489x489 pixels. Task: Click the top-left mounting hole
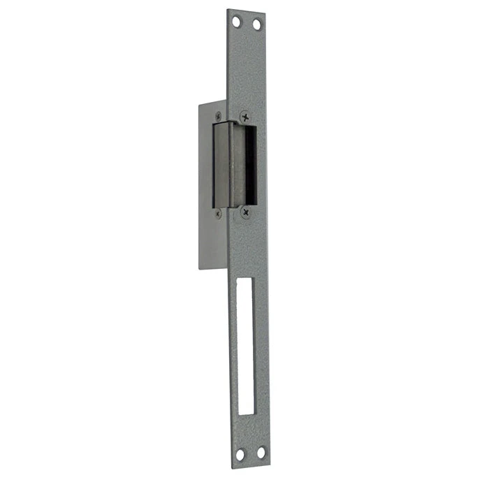tap(237, 22)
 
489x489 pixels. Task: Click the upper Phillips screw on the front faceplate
tap(245, 117)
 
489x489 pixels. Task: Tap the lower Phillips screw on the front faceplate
tap(245, 210)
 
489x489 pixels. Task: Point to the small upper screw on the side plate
tap(219, 115)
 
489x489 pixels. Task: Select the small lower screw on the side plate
tap(219, 213)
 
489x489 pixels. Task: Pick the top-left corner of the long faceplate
tap(227, 9)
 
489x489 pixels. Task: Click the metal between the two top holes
tap(247, 24)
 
